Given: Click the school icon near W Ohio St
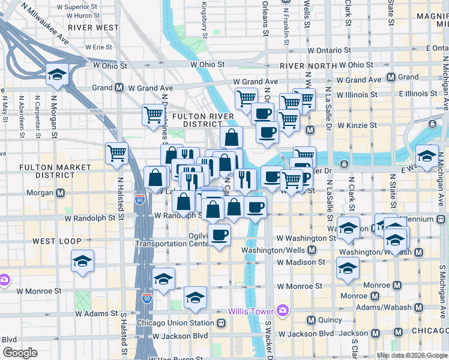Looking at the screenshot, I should tap(57, 74).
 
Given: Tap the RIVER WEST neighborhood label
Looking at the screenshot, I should tap(93, 28).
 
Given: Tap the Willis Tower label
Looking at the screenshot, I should tap(250, 311).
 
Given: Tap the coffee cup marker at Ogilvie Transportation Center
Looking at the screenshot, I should tap(220, 235).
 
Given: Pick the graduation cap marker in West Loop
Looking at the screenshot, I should tap(83, 260).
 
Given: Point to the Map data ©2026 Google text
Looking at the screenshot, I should tap(412, 355).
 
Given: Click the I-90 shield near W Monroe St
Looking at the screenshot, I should tap(147, 298).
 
